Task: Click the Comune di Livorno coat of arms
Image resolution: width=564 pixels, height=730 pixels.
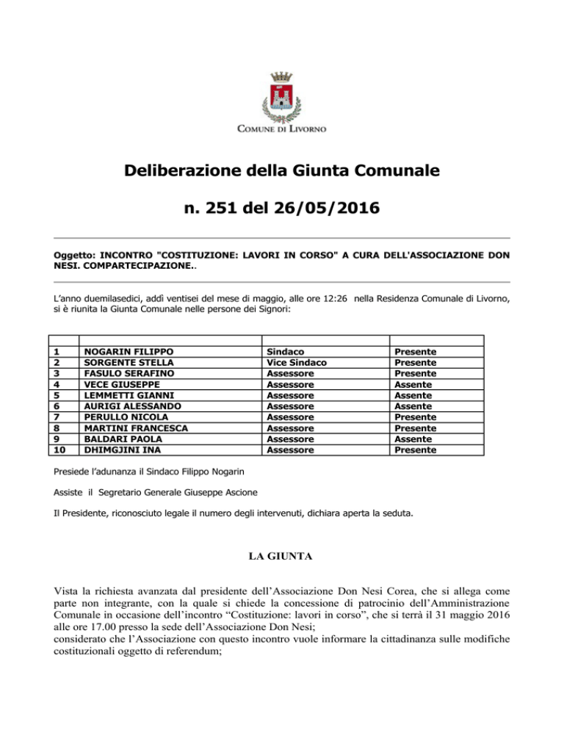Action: pyautogui.click(x=281, y=95)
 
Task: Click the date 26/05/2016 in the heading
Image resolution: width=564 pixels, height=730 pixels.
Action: pyautogui.click(x=333, y=209)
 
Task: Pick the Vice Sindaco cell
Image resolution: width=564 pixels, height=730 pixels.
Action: pyautogui.click(x=297, y=363)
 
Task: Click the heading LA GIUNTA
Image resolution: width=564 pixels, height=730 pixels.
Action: pyautogui.click(x=282, y=558)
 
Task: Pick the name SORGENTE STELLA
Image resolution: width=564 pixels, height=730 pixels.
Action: pyautogui.click(x=124, y=363)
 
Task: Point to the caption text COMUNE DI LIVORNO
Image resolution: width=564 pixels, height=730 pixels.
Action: pyautogui.click(x=281, y=130)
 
